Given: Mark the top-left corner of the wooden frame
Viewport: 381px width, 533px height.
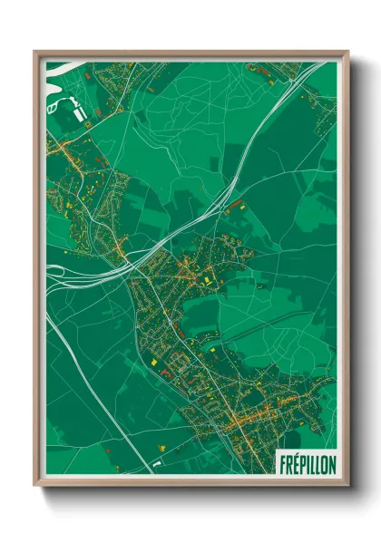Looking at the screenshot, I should pyautogui.click(x=34, y=52).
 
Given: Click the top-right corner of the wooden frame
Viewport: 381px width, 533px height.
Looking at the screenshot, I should pyautogui.click(x=347, y=52).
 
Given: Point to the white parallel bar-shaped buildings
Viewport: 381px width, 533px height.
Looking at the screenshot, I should pyautogui.click(x=81, y=112).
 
